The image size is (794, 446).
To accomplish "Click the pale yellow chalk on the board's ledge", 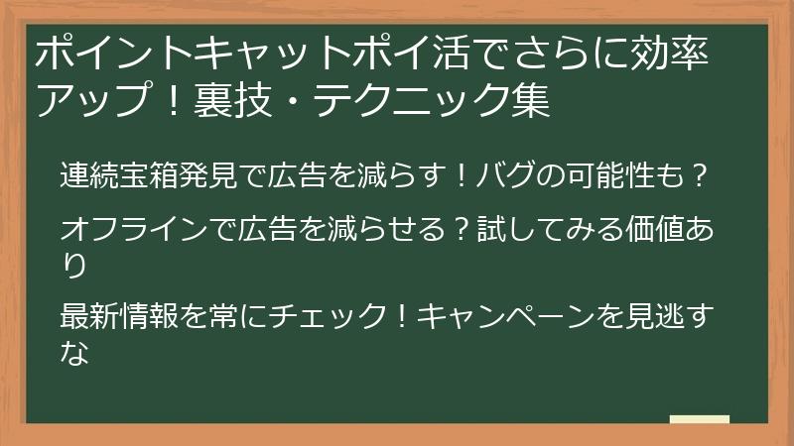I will point(699,419).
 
